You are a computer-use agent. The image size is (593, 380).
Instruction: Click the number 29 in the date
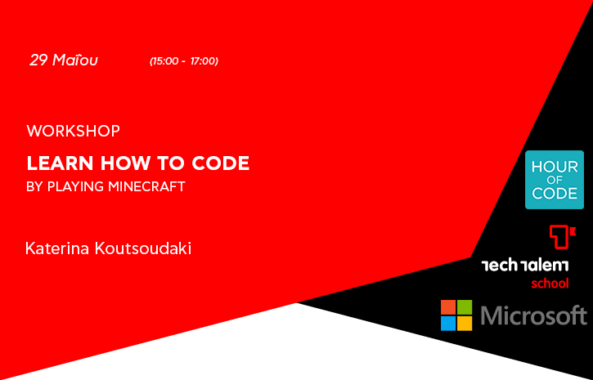pos(39,60)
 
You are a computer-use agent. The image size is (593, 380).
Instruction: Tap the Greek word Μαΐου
pos(75,60)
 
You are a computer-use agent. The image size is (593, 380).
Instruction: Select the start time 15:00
pos(165,61)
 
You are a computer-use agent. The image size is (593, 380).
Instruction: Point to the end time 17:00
pos(203,61)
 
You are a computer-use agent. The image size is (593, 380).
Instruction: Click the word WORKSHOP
pos(74,131)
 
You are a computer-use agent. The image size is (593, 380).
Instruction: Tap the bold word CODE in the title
pos(221,163)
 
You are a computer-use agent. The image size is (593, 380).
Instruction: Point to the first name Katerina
pos(57,248)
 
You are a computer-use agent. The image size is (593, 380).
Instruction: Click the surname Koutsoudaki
pos(143,248)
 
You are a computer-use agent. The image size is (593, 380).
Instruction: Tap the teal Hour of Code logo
pos(555,180)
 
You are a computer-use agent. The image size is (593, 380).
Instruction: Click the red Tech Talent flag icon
pos(562,237)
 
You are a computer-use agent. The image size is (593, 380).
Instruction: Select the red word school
pos(550,283)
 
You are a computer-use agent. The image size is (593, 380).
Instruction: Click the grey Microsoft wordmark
pos(533,315)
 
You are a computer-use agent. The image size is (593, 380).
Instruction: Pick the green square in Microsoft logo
pos(465,307)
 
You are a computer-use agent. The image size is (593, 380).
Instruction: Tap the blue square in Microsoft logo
pos(448,324)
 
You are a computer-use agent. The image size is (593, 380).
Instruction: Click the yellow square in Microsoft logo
pos(465,324)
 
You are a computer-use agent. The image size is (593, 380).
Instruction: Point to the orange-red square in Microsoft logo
pos(448,307)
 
